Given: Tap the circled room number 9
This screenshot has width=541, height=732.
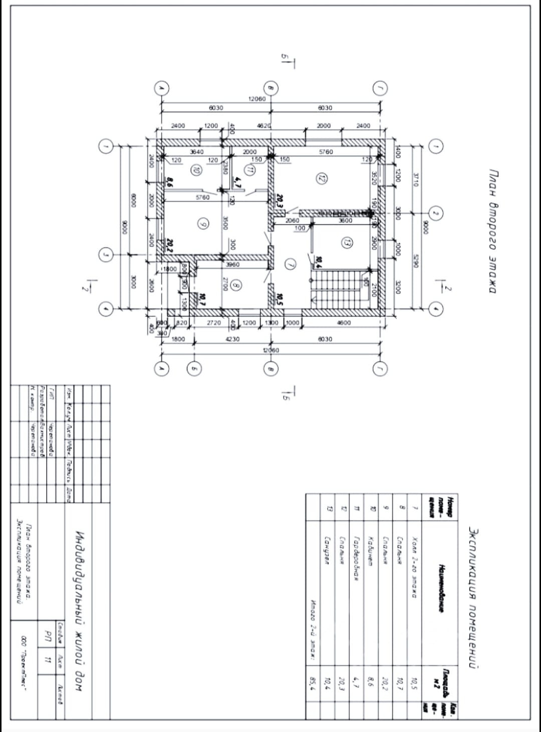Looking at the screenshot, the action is [x=202, y=225].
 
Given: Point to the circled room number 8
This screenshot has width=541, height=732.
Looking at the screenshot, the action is [x=236, y=286].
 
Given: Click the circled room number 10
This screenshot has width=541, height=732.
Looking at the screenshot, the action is [x=197, y=170].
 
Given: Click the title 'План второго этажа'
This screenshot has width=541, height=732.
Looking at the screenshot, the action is [x=492, y=231].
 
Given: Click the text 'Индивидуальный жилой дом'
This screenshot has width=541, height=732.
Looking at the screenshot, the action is [x=79, y=611].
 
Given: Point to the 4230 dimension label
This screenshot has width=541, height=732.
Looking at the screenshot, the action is [x=232, y=339].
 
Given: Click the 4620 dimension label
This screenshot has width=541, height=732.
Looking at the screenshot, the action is [x=263, y=126].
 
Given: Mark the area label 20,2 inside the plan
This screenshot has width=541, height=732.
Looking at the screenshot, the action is [x=170, y=245].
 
